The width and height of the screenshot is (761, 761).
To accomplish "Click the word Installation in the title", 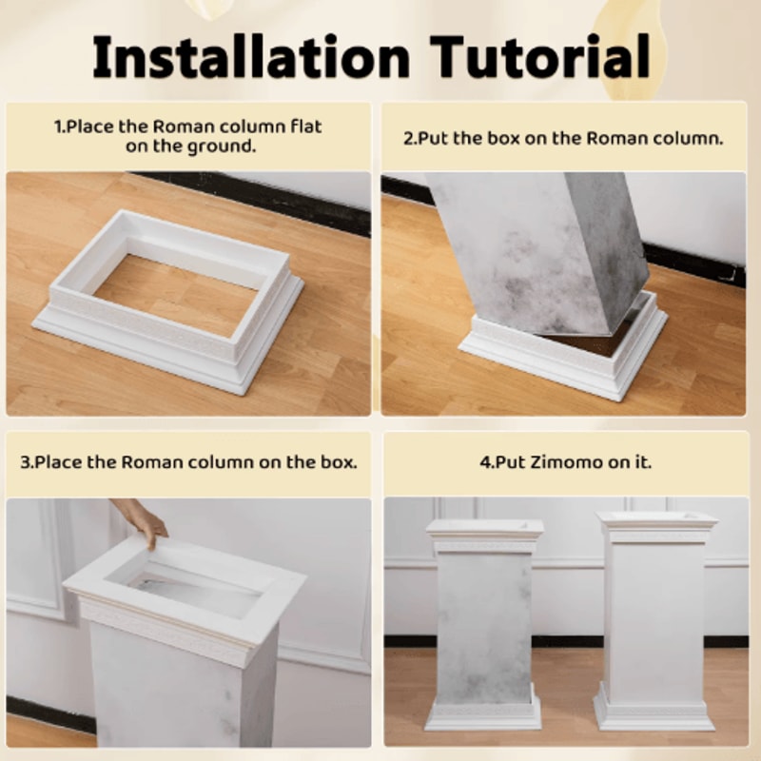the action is click(251, 56).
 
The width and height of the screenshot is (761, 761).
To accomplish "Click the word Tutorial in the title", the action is click(539, 56).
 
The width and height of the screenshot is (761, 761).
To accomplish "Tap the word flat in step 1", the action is click(305, 127).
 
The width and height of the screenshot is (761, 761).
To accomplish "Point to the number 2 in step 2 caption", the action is click(409, 139).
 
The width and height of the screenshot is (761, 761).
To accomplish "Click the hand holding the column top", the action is click(142, 520).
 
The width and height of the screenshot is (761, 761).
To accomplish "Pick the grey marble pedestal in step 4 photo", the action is click(484, 625).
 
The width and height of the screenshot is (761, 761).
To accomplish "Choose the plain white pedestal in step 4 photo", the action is click(655, 621).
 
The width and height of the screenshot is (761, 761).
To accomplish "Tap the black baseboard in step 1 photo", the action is click(252, 198).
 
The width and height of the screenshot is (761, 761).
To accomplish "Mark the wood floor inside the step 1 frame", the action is click(176, 295).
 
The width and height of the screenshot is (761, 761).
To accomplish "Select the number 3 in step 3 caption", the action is click(26, 462).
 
